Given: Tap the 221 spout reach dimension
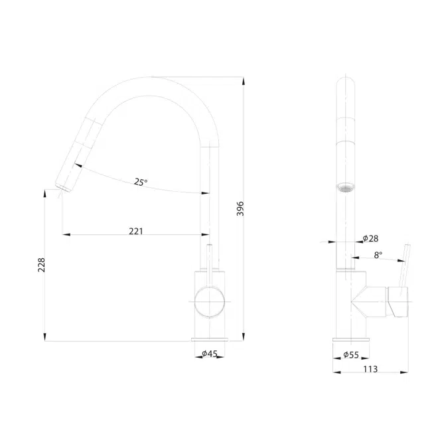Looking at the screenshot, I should pos(136,232).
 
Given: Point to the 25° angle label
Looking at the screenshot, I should pos(140,182).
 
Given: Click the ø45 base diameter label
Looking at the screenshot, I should pos(209,354).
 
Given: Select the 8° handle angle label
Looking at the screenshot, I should pos(378,254).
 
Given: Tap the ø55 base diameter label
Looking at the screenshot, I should pos(351,356).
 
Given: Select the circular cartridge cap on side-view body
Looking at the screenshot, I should pos(210,303).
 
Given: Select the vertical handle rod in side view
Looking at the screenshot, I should pos(210,259).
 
